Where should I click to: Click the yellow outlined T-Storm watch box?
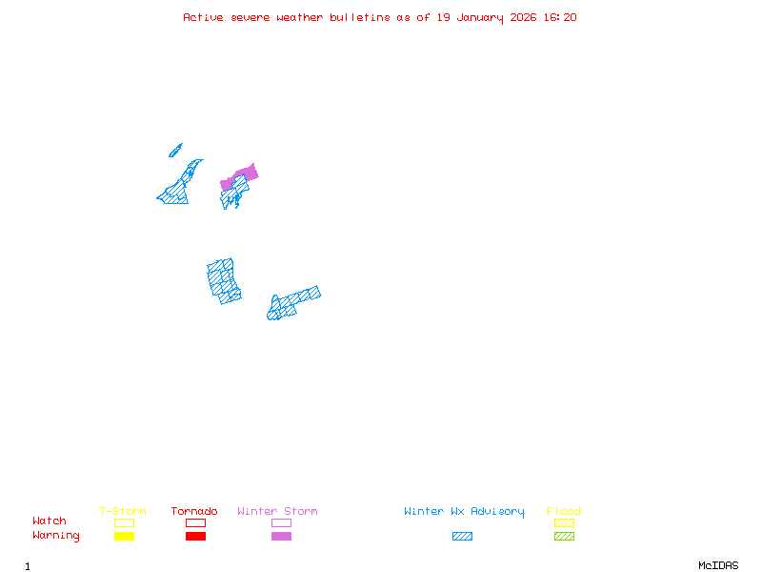pyautogui.click(x=124, y=522)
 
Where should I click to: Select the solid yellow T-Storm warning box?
pyautogui.click(x=124, y=537)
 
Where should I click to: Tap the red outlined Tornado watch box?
pyautogui.click(x=195, y=522)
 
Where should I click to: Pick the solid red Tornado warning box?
pyautogui.click(x=195, y=537)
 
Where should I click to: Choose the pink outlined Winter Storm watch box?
pyautogui.click(x=281, y=522)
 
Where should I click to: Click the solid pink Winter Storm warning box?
pyautogui.click(x=281, y=537)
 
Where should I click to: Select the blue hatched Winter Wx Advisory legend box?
pyautogui.click(x=462, y=537)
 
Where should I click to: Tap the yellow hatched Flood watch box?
pyautogui.click(x=564, y=522)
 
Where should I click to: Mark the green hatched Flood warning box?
pyautogui.click(x=564, y=537)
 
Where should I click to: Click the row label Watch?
pyautogui.click(x=50, y=521)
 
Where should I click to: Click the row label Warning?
pyautogui.click(x=56, y=536)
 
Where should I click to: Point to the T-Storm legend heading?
pyautogui.click(x=123, y=512)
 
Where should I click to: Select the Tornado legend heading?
pyautogui.click(x=194, y=512)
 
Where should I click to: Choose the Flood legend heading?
pyautogui.click(x=564, y=512)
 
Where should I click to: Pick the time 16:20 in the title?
pyautogui.click(x=559, y=17)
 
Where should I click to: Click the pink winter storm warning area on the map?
pyautogui.click(x=248, y=173)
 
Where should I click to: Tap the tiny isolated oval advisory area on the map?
pyautogui.click(x=175, y=150)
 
